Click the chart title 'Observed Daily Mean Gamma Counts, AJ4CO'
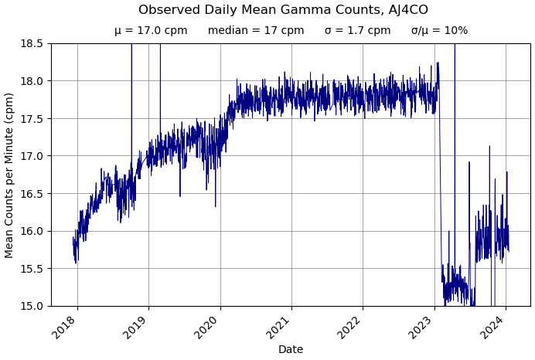click(x=283, y=10)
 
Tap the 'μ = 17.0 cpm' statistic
click(x=151, y=31)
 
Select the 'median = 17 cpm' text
click(x=256, y=31)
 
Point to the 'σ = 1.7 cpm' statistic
click(x=357, y=31)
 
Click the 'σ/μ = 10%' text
click(x=439, y=31)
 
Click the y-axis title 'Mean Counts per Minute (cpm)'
click(x=9, y=175)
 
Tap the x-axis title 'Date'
click(x=291, y=350)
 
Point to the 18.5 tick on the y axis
click(x=32, y=43)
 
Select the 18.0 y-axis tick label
click(x=32, y=81)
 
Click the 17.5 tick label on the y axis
click(x=32, y=118)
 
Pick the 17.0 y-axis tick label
click(x=32, y=156)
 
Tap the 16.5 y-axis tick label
click(x=32, y=193)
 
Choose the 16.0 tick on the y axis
click(x=32, y=231)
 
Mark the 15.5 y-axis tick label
click(x=32, y=268)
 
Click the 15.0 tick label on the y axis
click(x=32, y=306)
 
